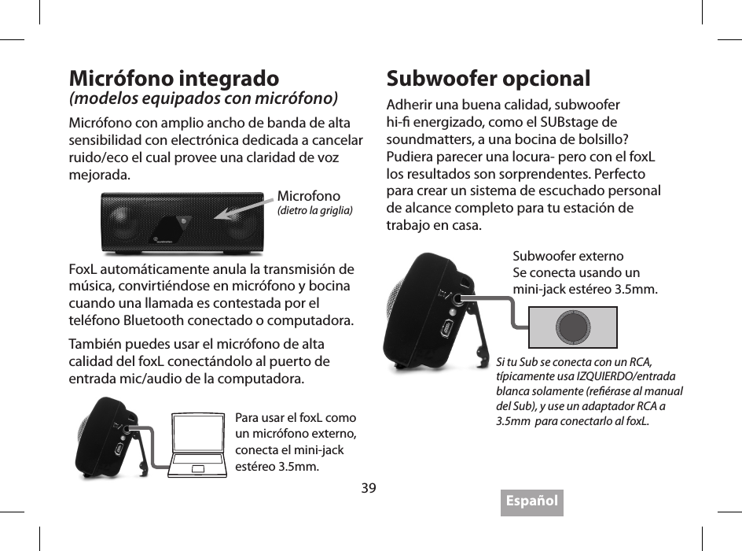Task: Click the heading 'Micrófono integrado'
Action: [x=174, y=80]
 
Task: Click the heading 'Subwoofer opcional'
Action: [x=488, y=80]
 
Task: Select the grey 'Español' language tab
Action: [x=531, y=501]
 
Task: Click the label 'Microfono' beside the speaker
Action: [x=309, y=195]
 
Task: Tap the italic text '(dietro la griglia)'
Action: [x=314, y=210]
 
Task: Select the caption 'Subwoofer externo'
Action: [x=568, y=257]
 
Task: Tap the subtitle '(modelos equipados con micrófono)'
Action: [x=204, y=99]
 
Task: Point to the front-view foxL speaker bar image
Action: [x=182, y=223]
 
